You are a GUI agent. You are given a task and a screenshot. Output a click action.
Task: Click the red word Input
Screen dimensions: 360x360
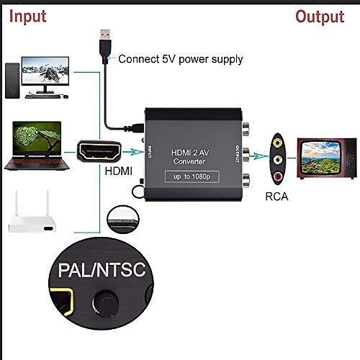27,17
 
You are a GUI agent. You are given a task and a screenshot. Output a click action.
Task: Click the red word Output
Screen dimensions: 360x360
320,17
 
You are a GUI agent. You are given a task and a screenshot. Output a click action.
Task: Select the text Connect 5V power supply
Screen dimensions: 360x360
181,59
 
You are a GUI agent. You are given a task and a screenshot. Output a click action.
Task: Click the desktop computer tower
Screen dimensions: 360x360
12,81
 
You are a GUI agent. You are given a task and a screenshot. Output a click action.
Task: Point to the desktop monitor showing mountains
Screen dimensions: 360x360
45,75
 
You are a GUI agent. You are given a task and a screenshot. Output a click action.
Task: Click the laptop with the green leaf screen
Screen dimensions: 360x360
37,146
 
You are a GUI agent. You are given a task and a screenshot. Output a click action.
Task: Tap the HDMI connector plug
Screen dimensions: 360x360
99,151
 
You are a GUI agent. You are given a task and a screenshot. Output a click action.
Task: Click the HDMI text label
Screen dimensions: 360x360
119,171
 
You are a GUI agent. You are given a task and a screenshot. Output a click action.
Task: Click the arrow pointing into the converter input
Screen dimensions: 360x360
132,152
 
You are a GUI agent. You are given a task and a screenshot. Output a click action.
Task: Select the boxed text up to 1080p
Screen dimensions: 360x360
192,176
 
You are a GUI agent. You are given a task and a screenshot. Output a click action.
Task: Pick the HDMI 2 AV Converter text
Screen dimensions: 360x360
189,157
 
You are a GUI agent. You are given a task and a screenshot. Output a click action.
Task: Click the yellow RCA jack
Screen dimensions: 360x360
278,143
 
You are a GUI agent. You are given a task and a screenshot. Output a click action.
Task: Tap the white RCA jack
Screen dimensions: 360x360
278,158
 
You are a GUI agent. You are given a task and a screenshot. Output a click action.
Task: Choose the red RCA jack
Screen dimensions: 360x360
278,176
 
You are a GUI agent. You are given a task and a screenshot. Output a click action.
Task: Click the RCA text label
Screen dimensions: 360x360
276,197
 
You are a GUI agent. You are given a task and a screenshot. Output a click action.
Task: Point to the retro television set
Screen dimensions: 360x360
327,158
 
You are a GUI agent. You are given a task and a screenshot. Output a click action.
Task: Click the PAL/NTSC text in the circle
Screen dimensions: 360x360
102,270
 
